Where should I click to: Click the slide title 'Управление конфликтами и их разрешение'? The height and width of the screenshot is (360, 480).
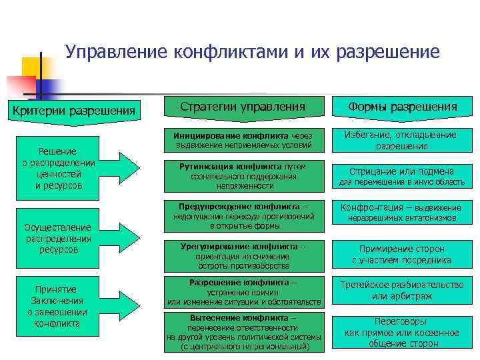(253, 52)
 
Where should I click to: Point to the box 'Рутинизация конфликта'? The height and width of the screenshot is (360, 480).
(243, 175)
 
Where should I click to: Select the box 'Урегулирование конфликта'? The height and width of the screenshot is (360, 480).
(243, 255)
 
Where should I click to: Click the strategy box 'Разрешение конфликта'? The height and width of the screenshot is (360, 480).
(243, 292)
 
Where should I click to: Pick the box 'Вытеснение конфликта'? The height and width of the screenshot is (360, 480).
(243, 332)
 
